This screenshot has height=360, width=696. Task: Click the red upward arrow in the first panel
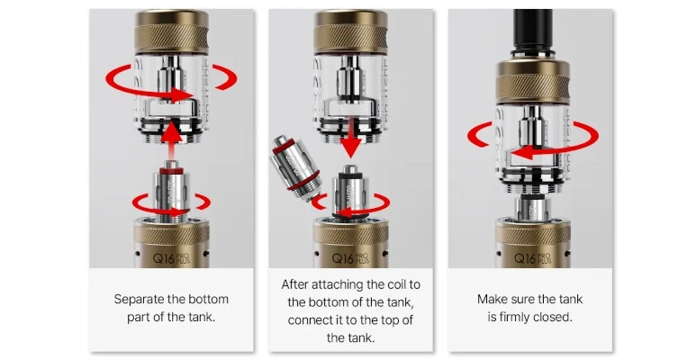171,141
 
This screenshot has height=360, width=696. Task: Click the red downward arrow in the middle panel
350,138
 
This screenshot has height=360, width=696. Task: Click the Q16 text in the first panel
164,258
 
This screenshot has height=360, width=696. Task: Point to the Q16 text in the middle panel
343,258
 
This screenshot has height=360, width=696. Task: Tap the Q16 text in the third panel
525,258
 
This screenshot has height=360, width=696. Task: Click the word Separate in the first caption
139,299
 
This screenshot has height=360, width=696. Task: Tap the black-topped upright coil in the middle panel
350,192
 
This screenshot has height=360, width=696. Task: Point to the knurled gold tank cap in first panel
172,32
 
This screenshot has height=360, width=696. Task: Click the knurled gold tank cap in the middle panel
350,32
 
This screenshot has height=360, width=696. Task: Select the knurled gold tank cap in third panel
533,82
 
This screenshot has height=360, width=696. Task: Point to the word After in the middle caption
294,284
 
